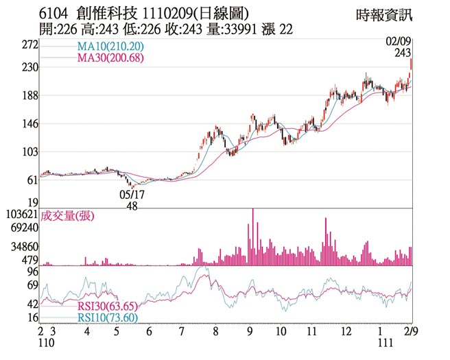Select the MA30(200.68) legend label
110,58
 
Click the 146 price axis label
29,124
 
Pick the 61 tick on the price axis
32,180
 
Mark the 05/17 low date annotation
132,194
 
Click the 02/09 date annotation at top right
399,42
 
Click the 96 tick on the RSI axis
32,272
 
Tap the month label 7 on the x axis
181,331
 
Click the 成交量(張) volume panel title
67,216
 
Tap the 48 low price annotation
132,206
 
